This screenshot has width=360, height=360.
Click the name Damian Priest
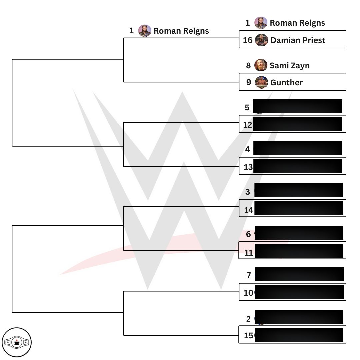click(x=298, y=40)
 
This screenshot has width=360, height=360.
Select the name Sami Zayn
click(x=290, y=66)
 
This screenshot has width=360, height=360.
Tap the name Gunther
click(x=287, y=82)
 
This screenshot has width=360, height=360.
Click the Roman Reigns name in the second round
click(x=181, y=31)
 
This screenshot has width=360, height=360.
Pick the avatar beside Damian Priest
click(x=261, y=40)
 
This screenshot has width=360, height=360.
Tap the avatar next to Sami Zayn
click(x=261, y=65)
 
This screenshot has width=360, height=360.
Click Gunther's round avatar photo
click(x=261, y=82)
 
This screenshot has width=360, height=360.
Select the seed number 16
click(x=248, y=40)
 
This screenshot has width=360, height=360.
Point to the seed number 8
click(x=248, y=66)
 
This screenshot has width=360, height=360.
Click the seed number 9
click(x=249, y=82)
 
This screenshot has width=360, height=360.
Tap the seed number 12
click(x=247, y=125)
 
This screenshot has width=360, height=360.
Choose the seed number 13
click(x=248, y=167)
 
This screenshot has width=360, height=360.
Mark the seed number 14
click(x=249, y=210)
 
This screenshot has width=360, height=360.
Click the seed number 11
click(x=249, y=253)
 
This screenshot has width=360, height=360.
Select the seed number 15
click(x=249, y=335)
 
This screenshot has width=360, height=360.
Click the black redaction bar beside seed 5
click(x=297, y=106)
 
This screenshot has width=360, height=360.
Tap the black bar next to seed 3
click(x=299, y=190)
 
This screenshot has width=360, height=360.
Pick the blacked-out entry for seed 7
click(x=299, y=274)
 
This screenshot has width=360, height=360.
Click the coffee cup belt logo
click(x=17, y=342)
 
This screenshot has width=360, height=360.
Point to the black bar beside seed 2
click(x=299, y=317)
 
